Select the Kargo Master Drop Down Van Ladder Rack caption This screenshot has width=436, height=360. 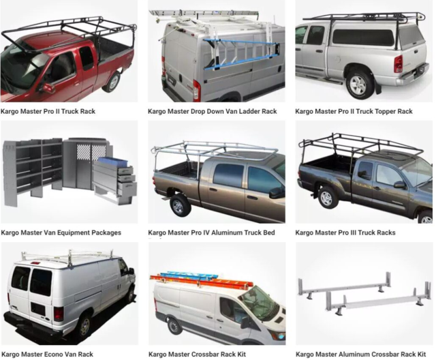[212, 111]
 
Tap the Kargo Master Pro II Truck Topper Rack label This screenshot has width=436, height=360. [354, 111]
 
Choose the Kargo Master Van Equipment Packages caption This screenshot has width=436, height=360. [61, 232]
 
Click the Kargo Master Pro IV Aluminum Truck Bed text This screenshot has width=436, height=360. [211, 232]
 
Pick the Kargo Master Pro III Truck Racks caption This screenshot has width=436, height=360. [345, 232]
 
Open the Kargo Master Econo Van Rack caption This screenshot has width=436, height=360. [47, 354]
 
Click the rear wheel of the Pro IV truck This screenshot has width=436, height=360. [180, 204]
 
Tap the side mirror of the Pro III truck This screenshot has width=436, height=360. [399, 185]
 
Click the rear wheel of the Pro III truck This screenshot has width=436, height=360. [328, 197]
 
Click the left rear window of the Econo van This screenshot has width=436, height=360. [21, 278]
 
